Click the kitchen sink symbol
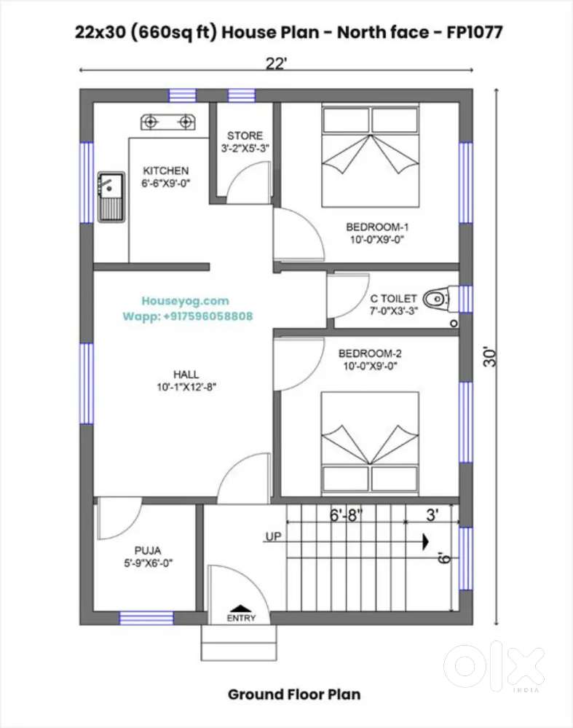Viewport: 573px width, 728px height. [x=111, y=197]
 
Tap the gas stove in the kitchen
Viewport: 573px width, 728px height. [x=168, y=122]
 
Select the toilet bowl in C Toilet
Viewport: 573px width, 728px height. [x=438, y=300]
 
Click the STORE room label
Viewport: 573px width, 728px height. [x=245, y=136]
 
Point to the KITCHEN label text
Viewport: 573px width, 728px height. [x=165, y=171]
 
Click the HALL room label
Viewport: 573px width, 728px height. [x=186, y=375]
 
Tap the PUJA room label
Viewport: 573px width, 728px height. [x=148, y=551]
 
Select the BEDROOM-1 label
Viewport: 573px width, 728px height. [x=377, y=227]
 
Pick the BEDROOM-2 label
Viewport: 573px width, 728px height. [x=370, y=353]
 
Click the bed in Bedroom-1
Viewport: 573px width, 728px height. [x=371, y=155]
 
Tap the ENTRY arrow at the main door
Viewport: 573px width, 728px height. [x=241, y=608]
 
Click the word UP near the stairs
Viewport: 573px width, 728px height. [x=273, y=536]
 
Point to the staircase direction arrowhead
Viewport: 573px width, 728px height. [x=425, y=541]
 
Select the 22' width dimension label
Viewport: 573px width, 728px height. [x=276, y=63]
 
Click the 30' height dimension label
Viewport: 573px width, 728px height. [x=490, y=356]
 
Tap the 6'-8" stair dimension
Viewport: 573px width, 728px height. [x=346, y=515]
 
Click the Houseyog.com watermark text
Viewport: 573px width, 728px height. [x=186, y=301]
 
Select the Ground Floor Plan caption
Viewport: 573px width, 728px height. [x=294, y=694]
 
